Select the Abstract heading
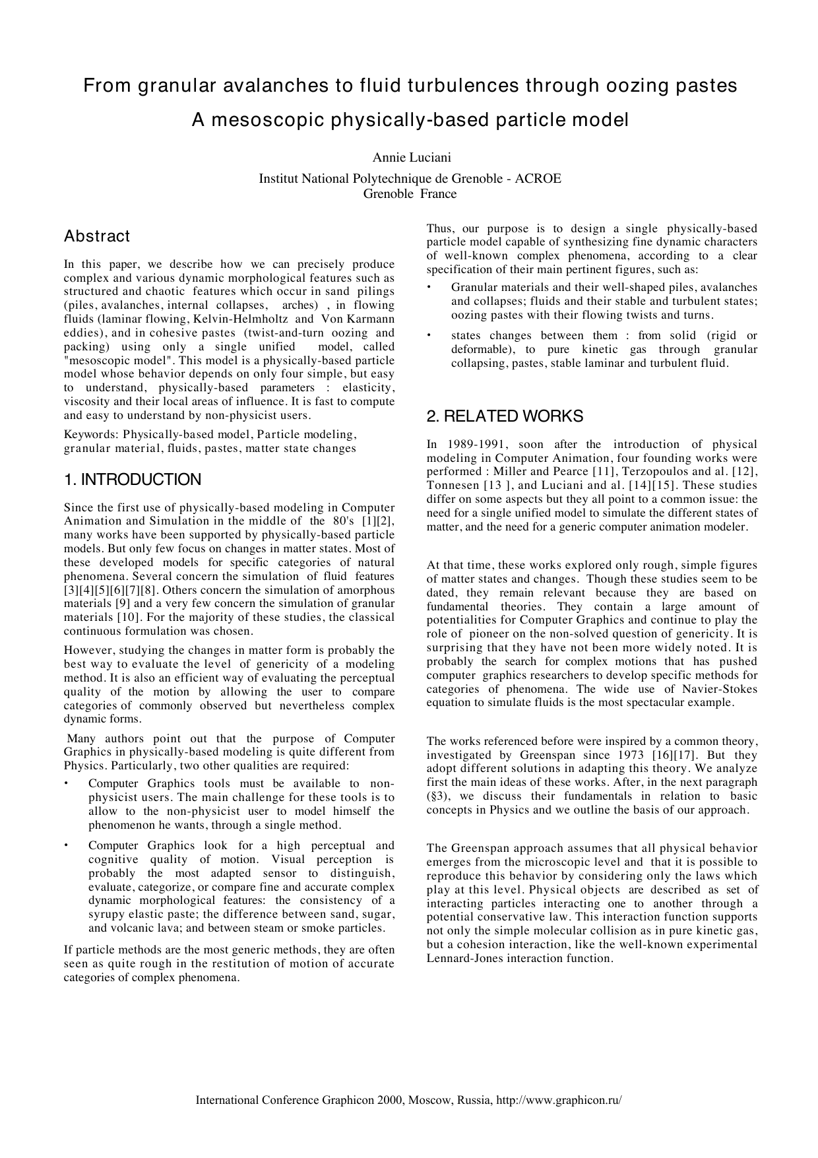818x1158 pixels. point(97,236)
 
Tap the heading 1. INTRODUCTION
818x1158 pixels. point(133,480)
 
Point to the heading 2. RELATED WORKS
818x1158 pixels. point(505,416)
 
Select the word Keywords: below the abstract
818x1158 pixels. point(90,435)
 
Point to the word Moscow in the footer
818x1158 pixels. point(429,1100)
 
